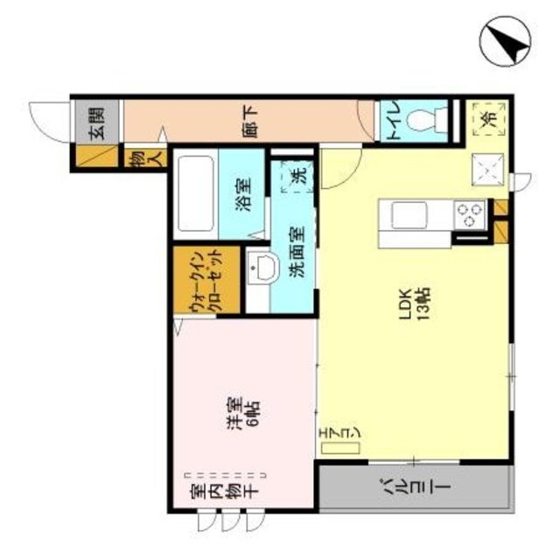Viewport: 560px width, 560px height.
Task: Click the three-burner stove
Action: point(469,212)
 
